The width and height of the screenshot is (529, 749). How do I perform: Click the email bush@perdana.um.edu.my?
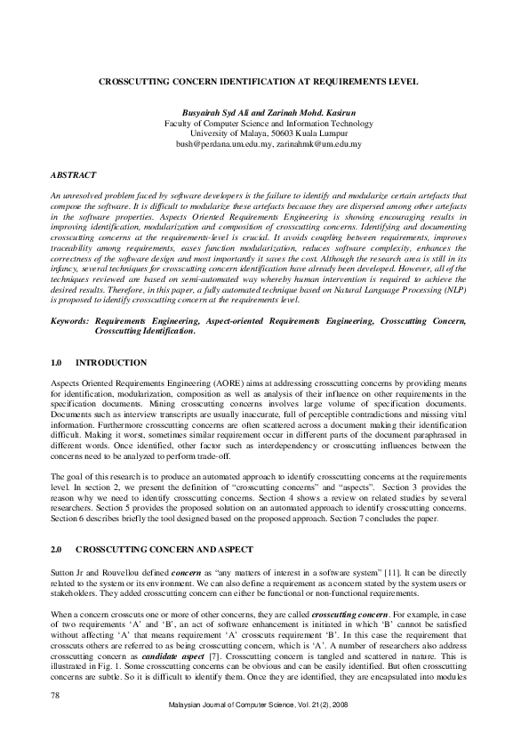coord(223,143)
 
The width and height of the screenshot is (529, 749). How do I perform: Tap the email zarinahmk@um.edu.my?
coord(318,143)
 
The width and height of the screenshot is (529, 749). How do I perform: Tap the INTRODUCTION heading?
coord(111,363)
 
